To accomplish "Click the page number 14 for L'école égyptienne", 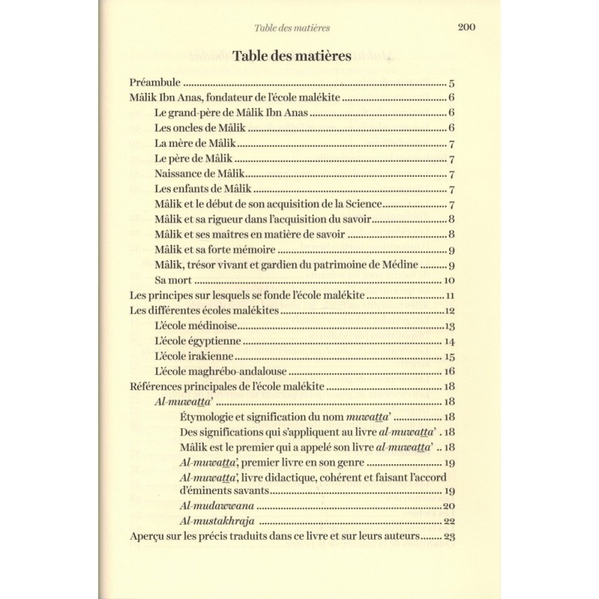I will click(x=450, y=341).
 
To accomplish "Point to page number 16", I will click(x=450, y=371).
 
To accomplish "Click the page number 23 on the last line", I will click(x=450, y=537).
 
